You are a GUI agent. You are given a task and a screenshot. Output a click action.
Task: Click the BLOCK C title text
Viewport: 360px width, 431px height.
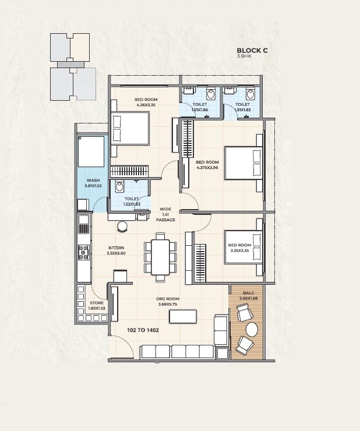pos(252,50)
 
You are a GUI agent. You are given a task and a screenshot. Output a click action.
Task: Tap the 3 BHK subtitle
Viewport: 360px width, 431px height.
pos(243,57)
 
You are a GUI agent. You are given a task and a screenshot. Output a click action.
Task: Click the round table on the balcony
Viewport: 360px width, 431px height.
pos(252,329)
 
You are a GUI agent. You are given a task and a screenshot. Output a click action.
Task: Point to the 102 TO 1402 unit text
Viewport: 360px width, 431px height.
pos(143,330)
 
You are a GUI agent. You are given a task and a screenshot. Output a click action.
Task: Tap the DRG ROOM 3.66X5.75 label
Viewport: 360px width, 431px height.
pos(166,302)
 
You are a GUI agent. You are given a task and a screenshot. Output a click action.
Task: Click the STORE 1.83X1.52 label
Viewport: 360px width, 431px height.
pos(97,306)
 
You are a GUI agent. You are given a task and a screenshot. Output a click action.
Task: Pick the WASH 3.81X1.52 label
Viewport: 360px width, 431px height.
pos(93,183)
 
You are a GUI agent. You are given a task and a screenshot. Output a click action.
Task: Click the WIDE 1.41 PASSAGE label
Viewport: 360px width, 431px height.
pos(165,214)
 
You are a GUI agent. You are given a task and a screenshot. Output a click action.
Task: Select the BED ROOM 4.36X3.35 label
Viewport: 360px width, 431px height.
pos(146,103)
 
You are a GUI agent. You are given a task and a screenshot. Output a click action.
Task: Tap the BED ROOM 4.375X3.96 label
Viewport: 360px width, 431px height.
pos(207,165)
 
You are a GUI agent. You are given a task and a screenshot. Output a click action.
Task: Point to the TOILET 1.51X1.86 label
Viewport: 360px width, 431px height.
pos(200,107)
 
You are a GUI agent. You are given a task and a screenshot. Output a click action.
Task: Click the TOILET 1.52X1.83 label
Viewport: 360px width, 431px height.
pos(131,202)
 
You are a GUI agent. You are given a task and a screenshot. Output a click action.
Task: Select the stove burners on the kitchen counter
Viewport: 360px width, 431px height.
pos(83,252)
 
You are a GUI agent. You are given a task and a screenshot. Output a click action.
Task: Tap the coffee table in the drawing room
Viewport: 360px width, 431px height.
pos(182,316)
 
